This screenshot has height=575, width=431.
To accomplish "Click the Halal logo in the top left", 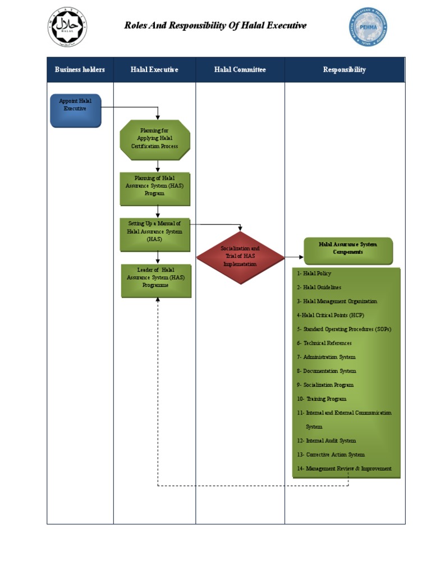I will coord(68,26).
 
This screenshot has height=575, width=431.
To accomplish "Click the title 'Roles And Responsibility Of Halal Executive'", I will coord(215,25).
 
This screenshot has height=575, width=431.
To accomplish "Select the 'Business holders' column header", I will coord(80,70).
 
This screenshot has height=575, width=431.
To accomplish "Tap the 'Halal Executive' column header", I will coord(154,70).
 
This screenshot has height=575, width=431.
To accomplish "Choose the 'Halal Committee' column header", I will coord(240,70).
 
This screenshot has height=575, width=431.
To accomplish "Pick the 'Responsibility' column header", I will coord(344,70).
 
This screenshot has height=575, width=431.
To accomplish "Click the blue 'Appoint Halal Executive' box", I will coord(76,111).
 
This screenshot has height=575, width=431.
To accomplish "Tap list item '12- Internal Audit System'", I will coord(327,441).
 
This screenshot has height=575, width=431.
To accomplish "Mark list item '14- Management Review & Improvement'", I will coord(344,468).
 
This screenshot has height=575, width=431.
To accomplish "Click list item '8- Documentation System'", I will coord(327,371).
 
